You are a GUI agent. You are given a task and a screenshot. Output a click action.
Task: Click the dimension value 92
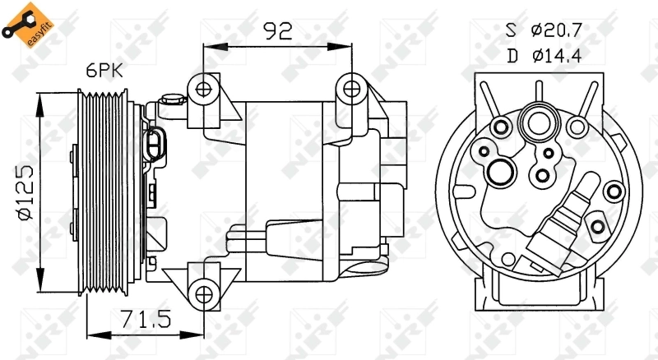click(x=277, y=32)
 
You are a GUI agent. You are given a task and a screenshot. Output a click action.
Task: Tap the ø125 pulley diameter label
click(x=24, y=192)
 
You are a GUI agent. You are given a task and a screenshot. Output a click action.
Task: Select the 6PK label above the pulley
click(x=104, y=72)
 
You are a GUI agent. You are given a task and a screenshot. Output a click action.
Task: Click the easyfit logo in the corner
click(x=20, y=22)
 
